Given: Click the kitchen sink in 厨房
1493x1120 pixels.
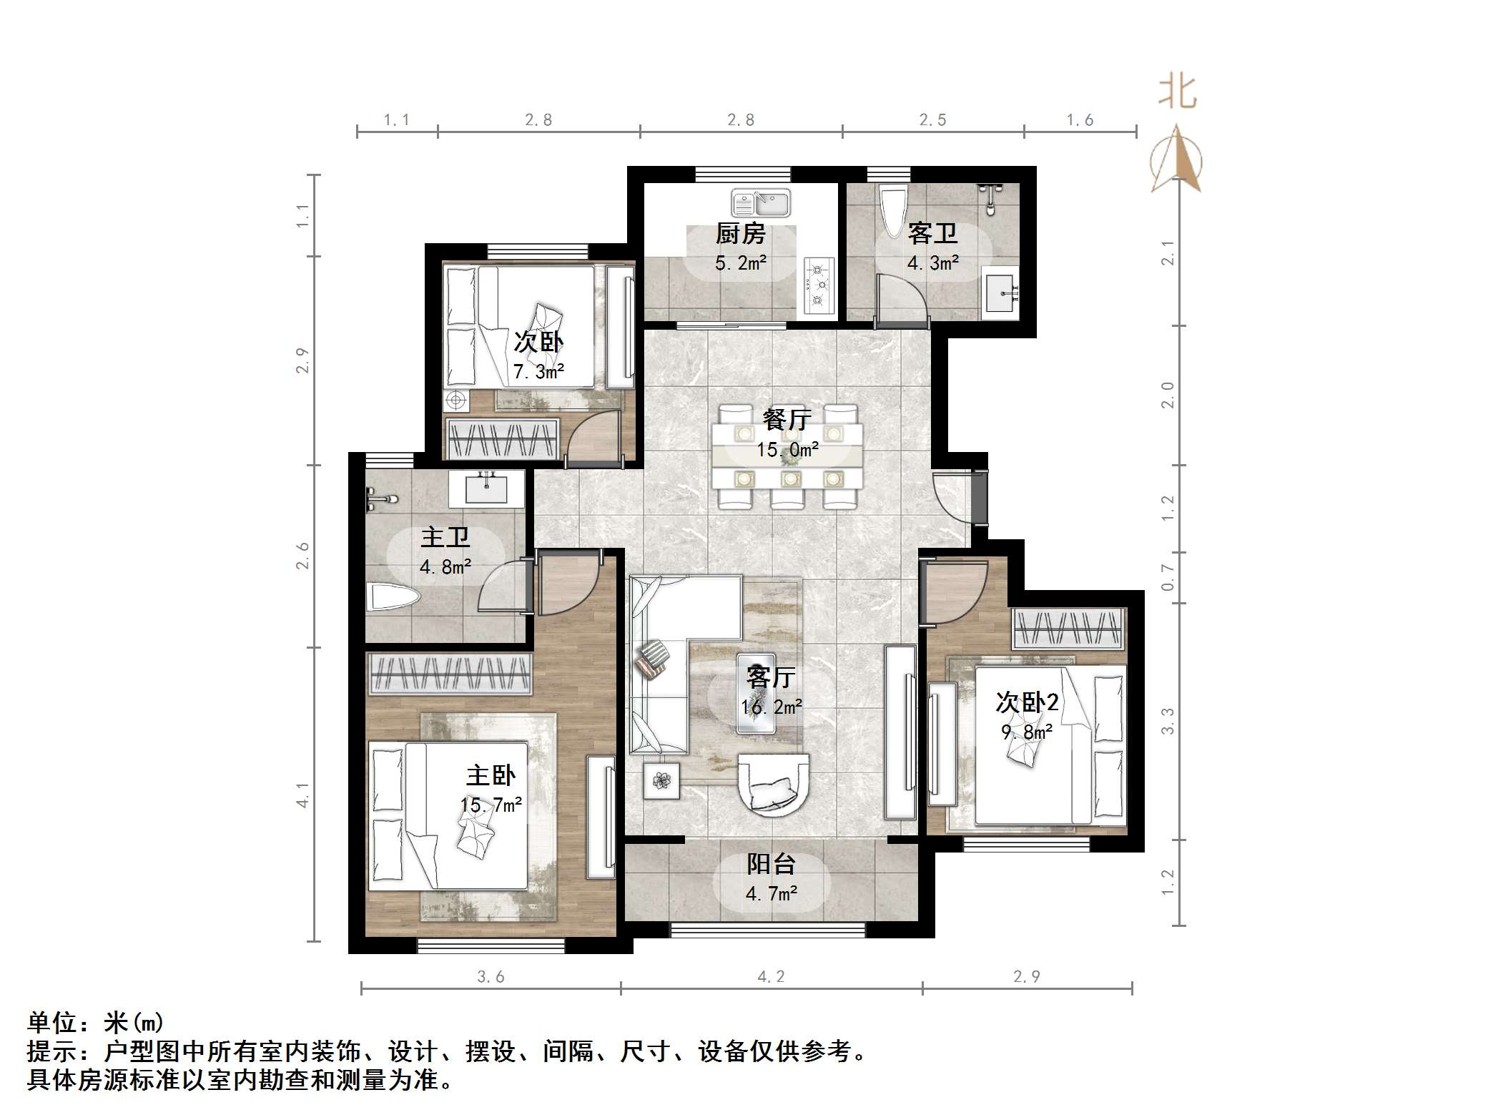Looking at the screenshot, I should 761,203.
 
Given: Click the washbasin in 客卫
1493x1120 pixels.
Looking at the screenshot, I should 1001,293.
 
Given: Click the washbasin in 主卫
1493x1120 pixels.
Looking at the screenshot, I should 486,488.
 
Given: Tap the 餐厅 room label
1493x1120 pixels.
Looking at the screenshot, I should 787,420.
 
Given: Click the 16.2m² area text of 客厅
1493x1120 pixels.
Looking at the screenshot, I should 771,707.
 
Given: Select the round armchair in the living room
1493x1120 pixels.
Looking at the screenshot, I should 774,784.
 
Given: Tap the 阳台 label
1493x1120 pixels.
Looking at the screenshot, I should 771,864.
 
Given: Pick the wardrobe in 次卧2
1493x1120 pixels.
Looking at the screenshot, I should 1068,629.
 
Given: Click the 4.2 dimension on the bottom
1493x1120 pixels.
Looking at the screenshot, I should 771,977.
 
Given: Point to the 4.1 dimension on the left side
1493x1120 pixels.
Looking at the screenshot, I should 303,795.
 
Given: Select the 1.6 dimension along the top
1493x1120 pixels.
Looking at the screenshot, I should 1080,120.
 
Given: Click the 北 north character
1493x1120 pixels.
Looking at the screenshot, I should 1178,93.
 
